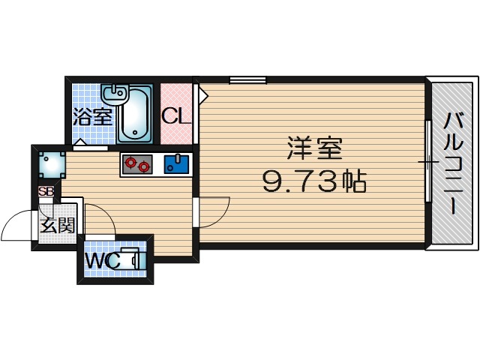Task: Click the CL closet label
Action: [x=177, y=116]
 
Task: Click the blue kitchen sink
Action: [x=176, y=163]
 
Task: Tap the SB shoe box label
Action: [x=46, y=191]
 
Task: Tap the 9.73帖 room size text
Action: [x=313, y=180]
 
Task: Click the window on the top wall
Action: [x=247, y=79]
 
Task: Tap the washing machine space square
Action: [x=51, y=163]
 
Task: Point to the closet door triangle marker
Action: [x=202, y=96]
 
